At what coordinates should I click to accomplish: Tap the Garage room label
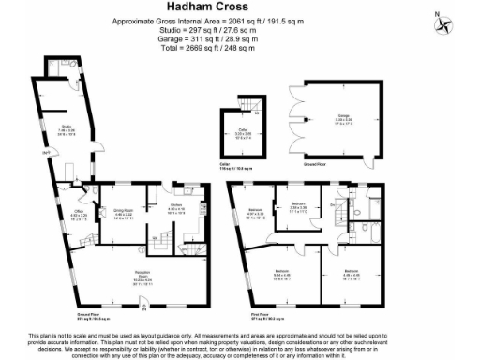(x=344, y=116)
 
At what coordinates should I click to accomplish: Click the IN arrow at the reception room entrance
(x=142, y=307)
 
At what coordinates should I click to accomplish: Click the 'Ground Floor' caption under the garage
(x=314, y=163)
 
